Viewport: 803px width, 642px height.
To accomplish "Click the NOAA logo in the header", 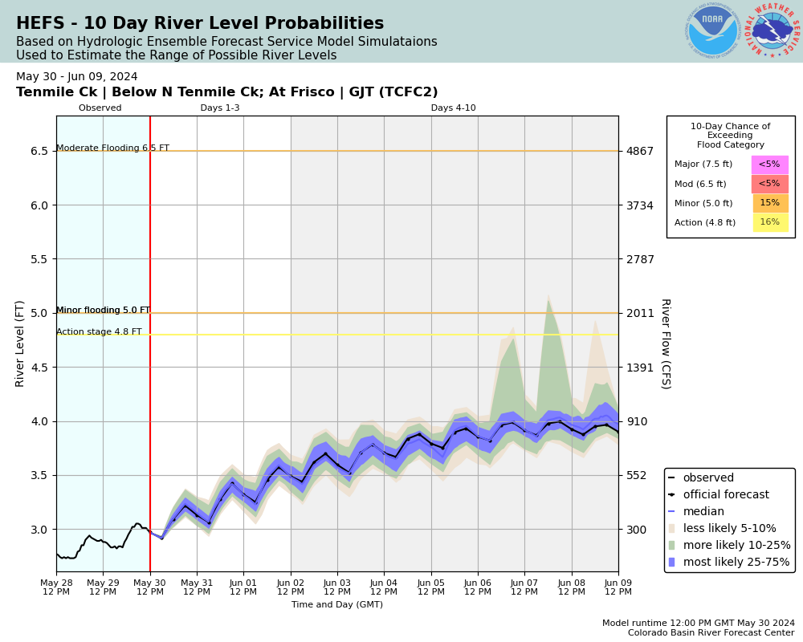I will pyautogui.click(x=712, y=30).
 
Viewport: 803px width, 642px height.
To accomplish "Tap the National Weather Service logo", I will pyautogui.click(x=772, y=30).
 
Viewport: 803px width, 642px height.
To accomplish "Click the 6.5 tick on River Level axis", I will pyautogui.click(x=39, y=151).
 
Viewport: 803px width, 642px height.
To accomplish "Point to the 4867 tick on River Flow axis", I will pyautogui.click(x=640, y=151).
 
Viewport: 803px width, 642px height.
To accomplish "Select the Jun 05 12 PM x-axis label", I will pyautogui.click(x=431, y=587).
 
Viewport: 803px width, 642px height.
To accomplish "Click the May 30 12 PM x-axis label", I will pyautogui.click(x=150, y=587).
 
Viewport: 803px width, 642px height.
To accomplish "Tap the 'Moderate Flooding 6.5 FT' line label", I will pyautogui.click(x=112, y=148).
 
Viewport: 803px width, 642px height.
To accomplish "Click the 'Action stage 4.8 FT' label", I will pyautogui.click(x=99, y=332).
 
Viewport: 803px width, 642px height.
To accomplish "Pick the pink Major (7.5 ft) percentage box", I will pyautogui.click(x=769, y=165).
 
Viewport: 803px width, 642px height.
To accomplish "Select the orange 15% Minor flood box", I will pyautogui.click(x=769, y=203).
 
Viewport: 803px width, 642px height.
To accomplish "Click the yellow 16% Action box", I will pyautogui.click(x=769, y=222).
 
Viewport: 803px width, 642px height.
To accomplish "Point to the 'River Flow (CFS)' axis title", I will pyautogui.click(x=666, y=343).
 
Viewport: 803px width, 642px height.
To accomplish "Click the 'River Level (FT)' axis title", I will pyautogui.click(x=21, y=343).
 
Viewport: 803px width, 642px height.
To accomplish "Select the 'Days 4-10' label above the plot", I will pyautogui.click(x=453, y=108).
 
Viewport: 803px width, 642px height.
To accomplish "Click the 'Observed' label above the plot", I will pyautogui.click(x=100, y=108).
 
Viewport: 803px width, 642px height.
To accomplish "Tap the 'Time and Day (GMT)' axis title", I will pyautogui.click(x=337, y=605).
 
